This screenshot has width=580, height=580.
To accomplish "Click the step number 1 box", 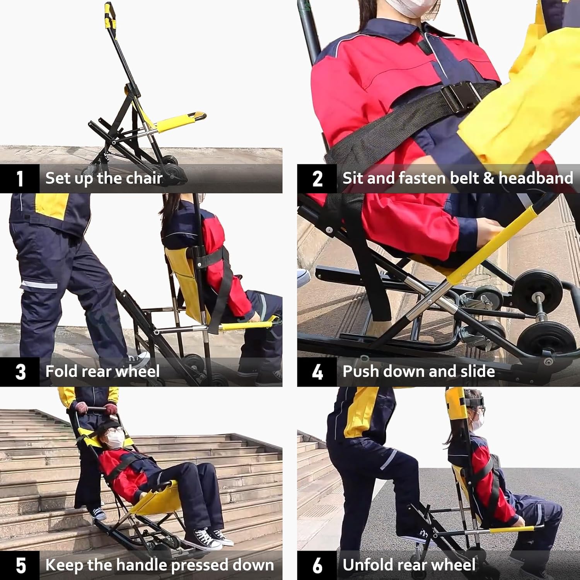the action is coord(20,179).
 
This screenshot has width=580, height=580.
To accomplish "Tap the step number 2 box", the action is coord(317,179).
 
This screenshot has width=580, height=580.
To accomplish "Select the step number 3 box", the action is coord(20,372).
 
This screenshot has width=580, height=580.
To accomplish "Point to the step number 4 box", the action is coord(317,372).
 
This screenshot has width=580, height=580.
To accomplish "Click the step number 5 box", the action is coord(20,565).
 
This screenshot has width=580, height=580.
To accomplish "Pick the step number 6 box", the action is coord(317,565).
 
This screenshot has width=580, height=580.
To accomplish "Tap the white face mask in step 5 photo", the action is coord(115,439).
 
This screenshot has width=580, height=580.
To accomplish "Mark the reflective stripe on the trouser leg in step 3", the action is coord(39,285).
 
